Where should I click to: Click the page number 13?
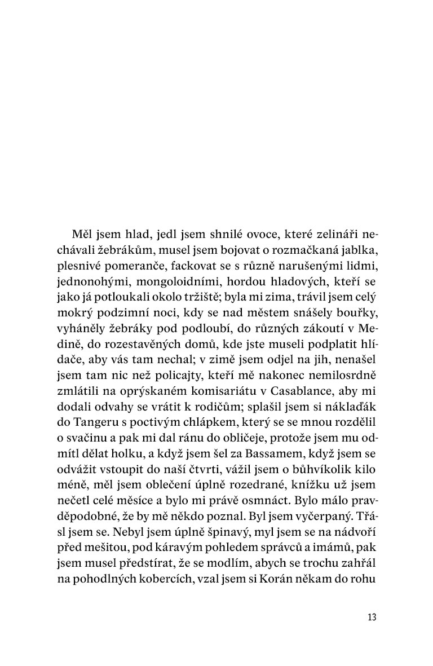371,616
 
